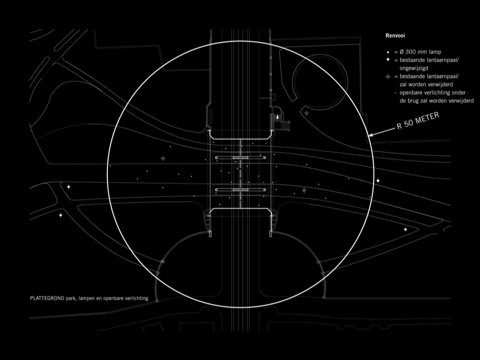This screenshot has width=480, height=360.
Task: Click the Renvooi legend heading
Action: pos(395,36)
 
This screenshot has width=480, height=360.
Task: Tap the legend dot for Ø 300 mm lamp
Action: pos(388,52)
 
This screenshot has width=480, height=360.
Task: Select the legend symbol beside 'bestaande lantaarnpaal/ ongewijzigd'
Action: pos(388,60)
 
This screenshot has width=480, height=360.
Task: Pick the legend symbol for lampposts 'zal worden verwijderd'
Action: pos(388,76)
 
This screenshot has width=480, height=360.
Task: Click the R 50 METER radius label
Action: pos(418,120)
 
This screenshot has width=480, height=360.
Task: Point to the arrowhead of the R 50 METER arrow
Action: pos(369,135)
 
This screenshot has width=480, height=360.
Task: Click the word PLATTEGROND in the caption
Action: pos(47,298)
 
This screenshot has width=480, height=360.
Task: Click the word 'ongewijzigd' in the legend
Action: pos(414,68)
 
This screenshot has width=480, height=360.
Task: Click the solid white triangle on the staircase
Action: pos(277,117)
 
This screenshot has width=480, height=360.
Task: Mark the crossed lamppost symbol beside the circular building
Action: pos(307,113)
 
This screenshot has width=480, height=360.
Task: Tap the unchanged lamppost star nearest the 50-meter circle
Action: pos(378,180)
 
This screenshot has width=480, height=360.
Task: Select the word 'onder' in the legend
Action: pos(458,92)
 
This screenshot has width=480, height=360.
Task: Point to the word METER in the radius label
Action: pos(427,118)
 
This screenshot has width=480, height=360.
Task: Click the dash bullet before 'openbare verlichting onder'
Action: pos(395,93)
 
